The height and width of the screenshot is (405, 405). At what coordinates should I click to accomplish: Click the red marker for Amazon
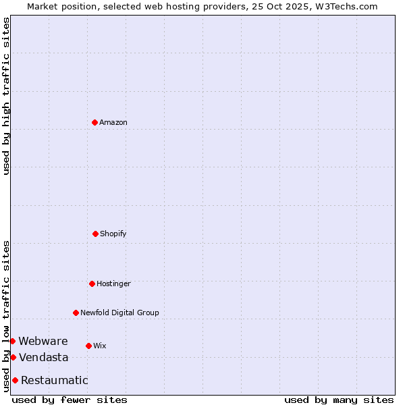(94, 122)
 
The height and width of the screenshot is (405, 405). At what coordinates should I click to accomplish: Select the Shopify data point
(95, 234)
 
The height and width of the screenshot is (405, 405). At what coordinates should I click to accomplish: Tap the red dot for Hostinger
(92, 283)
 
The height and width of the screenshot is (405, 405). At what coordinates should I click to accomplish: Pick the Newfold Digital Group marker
(76, 313)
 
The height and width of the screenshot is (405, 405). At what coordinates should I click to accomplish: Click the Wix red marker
(88, 346)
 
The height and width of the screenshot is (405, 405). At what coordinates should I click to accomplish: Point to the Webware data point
(12, 341)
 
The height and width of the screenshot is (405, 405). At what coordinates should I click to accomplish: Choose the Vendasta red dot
(13, 357)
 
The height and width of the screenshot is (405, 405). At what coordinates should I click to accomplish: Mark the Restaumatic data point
(15, 380)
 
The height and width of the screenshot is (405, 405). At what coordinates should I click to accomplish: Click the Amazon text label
(113, 123)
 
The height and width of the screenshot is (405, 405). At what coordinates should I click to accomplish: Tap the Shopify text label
(113, 234)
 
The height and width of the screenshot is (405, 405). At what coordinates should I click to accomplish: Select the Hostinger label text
(113, 284)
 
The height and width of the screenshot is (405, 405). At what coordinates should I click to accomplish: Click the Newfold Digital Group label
(119, 313)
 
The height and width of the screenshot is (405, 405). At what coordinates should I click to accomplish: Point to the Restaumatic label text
(55, 381)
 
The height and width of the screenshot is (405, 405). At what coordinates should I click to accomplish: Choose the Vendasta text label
(44, 358)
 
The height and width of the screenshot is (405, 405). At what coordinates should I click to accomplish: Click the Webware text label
(43, 342)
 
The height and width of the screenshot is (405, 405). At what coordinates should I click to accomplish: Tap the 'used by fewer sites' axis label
(70, 400)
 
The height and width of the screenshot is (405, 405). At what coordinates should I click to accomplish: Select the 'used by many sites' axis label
(339, 400)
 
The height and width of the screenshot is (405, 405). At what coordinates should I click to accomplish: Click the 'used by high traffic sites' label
(6, 96)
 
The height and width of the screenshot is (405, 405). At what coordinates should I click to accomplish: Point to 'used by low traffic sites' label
(6, 316)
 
